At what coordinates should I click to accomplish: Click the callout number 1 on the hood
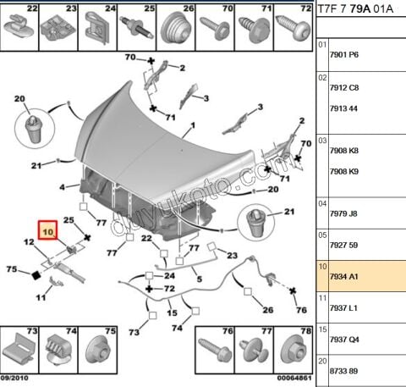192,126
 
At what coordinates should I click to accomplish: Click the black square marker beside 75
36,275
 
